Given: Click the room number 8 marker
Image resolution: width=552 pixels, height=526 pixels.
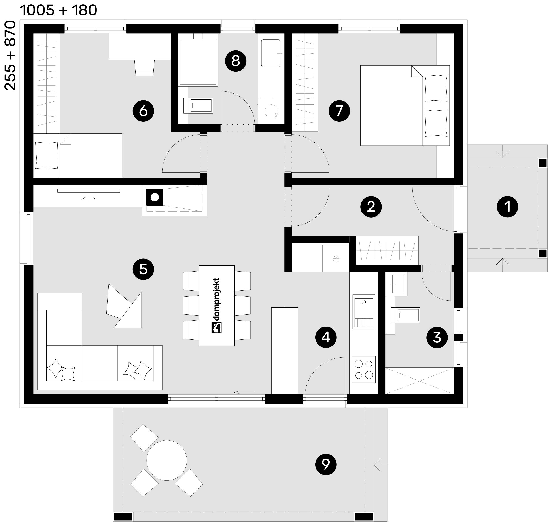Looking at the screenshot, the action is coord(236,61).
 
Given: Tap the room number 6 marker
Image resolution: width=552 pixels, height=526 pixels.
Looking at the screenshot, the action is coord(143,111).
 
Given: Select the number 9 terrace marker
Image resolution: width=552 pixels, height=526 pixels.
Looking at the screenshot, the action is coord(326,464).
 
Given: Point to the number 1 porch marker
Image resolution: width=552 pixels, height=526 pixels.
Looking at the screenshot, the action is coord(507,207).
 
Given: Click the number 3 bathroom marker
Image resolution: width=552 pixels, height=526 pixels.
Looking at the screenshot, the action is coord(437,338).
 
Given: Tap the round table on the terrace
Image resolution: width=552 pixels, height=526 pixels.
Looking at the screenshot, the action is coord(167,460).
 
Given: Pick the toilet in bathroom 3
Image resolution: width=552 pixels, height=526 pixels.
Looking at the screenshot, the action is coord(405,315).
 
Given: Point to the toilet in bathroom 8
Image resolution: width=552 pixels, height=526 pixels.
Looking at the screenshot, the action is coord(198,106).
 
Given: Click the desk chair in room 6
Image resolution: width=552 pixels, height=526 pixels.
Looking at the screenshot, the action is coord(144,68).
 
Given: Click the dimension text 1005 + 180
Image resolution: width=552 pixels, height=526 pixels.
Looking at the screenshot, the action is coord(59,10).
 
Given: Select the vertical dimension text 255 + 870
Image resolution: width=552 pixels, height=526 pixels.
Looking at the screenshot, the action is coord(10,55).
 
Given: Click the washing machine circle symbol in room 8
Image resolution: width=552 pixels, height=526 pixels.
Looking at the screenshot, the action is coord(271,111).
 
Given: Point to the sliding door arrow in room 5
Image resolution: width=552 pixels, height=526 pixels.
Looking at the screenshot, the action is coord(245,392).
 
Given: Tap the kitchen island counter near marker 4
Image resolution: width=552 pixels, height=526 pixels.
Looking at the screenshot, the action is coord(285,350).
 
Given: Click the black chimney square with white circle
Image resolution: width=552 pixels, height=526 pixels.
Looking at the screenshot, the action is coord(155,197).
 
